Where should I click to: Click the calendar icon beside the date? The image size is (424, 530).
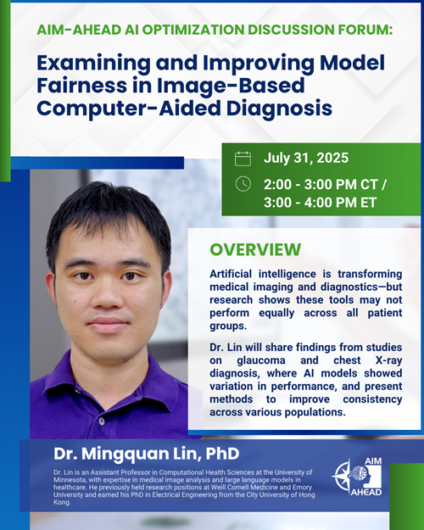[x=243, y=159]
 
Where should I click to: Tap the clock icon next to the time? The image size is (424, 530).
[x=243, y=184]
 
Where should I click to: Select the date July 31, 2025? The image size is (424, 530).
[x=306, y=159]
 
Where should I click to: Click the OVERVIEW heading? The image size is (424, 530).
[x=255, y=249]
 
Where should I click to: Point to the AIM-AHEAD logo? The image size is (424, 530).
[x=357, y=477]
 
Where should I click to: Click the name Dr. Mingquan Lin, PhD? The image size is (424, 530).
[x=147, y=454]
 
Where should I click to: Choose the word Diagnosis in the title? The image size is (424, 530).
[x=279, y=109]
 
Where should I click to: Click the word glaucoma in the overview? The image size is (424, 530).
[x=261, y=360]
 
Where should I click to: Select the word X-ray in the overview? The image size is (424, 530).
[x=389, y=360]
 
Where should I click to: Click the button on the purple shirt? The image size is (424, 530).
[x=102, y=421]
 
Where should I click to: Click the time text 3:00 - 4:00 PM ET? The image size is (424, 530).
[x=321, y=203]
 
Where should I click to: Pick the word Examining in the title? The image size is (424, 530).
[x=94, y=64]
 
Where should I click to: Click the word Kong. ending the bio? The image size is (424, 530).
[x=62, y=502]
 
